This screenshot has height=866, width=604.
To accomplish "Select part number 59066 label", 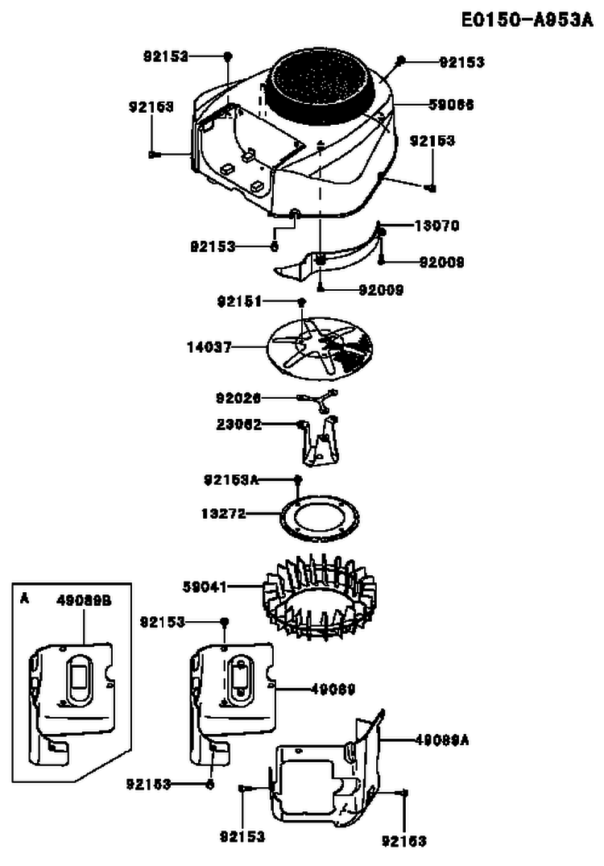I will point(451,105).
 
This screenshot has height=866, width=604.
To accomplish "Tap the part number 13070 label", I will point(436,226).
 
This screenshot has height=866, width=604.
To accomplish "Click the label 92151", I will point(239,300).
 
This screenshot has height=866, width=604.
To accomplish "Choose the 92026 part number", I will point(238,397).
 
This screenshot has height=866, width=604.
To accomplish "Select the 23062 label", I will point(238,424).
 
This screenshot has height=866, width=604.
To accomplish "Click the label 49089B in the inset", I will point(84,600).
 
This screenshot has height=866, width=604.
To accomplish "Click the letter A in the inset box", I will point(24,599).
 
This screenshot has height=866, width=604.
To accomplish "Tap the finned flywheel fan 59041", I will point(320,600).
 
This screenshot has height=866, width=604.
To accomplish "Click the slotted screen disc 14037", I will point(321,346).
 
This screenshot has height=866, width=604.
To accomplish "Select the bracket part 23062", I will point(320,441).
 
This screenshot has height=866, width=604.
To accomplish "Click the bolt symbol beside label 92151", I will point(302,300).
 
